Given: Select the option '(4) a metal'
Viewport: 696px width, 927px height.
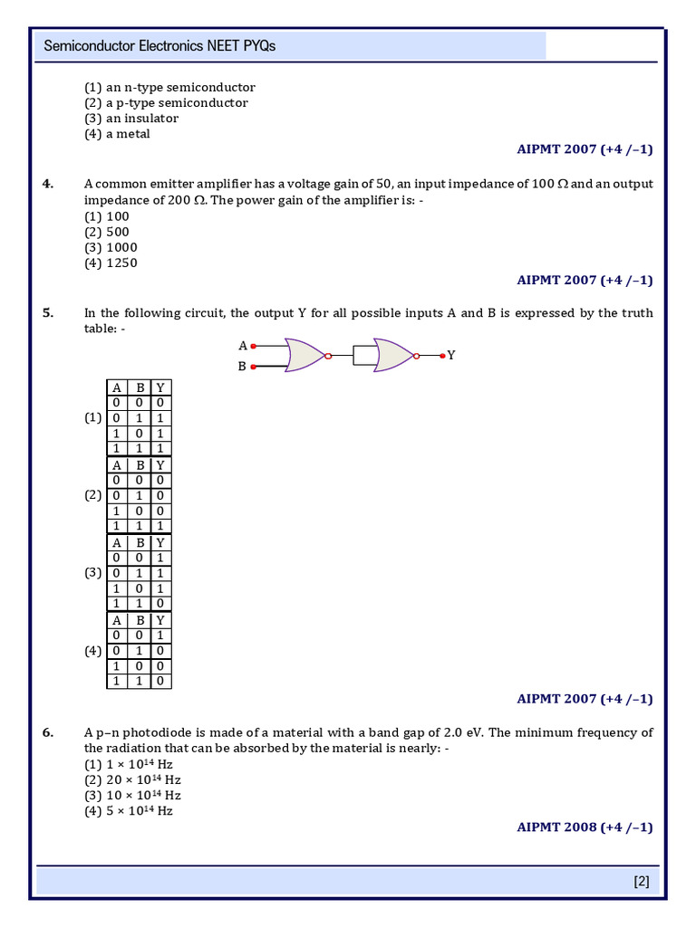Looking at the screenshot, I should pyautogui.click(x=117, y=134).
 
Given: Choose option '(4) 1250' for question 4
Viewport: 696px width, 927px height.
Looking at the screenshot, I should pyautogui.click(x=111, y=263).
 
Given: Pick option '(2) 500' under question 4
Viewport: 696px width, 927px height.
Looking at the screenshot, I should pyautogui.click(x=107, y=232).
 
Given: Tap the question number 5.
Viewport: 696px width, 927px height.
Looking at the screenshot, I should pyautogui.click(x=48, y=313).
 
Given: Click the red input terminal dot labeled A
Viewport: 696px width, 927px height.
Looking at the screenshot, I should pyautogui.click(x=254, y=346).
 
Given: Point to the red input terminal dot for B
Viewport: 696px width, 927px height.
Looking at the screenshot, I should pyautogui.click(x=254, y=367).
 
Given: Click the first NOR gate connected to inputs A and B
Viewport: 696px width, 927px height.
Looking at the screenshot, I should pyautogui.click(x=304, y=356).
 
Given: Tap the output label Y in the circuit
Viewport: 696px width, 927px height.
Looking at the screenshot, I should pyautogui.click(x=451, y=356).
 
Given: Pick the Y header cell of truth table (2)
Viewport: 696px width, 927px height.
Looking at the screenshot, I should pyautogui.click(x=160, y=465).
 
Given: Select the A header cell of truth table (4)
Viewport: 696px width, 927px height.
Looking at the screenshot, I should pyautogui.click(x=116, y=620).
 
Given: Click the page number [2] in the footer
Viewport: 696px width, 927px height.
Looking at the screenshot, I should pyautogui.click(x=641, y=881).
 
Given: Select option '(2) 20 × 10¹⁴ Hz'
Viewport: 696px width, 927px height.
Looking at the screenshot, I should pyautogui.click(x=132, y=779).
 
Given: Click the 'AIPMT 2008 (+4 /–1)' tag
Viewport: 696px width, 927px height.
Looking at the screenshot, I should pyautogui.click(x=585, y=827).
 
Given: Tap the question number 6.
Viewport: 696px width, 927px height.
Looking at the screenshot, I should pyautogui.click(x=48, y=732).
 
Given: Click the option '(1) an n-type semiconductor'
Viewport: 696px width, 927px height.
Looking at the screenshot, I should pyautogui.click(x=169, y=88).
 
